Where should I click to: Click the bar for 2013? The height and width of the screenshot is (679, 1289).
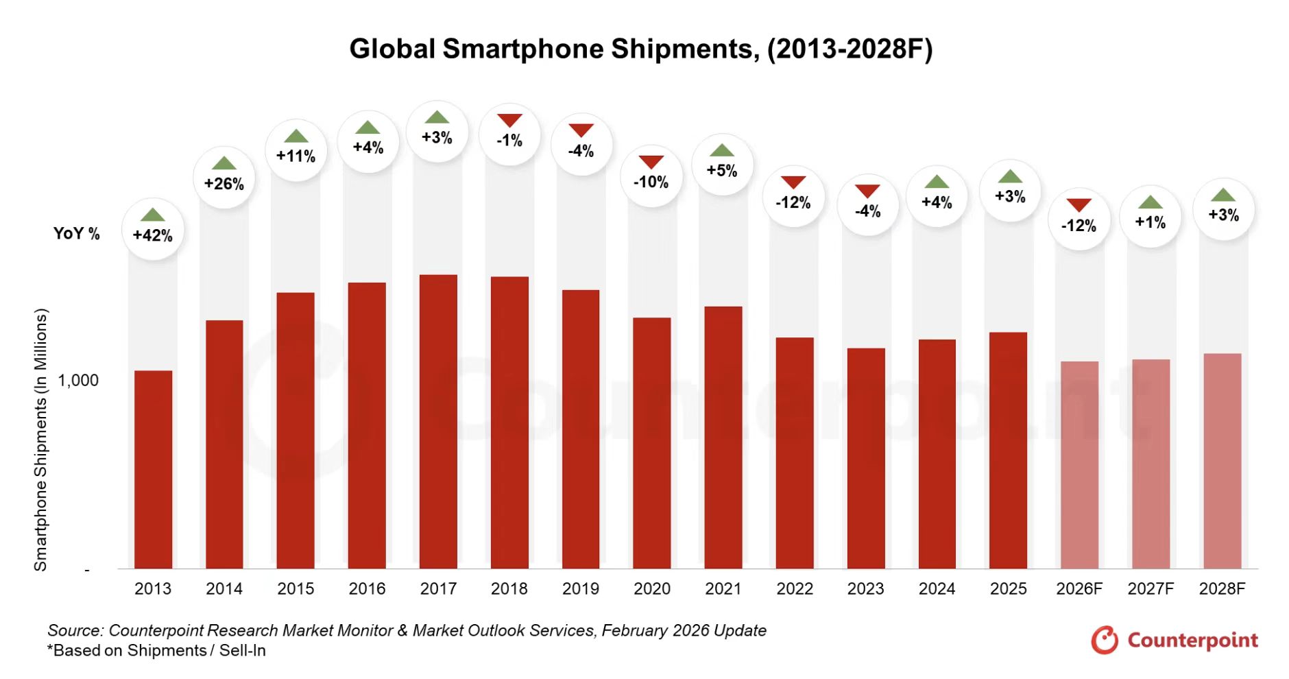[x=153, y=470]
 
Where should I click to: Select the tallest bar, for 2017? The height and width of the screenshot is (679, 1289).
[x=438, y=422]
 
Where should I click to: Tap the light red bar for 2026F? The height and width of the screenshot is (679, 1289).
[x=1079, y=465]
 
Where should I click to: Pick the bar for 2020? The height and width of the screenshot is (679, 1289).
[x=651, y=443]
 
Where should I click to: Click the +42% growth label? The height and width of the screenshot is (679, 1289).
[x=153, y=235]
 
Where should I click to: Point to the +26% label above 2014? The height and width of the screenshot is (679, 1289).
[x=224, y=184]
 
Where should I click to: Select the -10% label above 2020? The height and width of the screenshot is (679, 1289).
[x=651, y=182]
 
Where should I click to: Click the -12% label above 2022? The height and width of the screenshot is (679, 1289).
[x=793, y=203]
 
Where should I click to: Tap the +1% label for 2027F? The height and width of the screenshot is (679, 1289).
[x=1150, y=222]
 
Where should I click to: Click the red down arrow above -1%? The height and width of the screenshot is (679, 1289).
[x=509, y=121]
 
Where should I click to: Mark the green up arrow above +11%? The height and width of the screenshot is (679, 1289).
[x=296, y=136]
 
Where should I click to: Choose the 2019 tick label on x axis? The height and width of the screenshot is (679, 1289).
[x=580, y=588]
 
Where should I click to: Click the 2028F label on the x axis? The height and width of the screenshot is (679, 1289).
[x=1222, y=588]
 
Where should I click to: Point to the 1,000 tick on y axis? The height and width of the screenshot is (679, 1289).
[x=78, y=381]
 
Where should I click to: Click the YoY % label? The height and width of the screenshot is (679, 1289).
[x=77, y=234]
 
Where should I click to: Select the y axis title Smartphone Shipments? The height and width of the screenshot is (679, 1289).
[x=41, y=439]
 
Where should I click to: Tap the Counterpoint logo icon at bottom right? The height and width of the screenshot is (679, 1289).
[x=1104, y=640]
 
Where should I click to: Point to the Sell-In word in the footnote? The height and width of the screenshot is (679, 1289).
[x=243, y=650]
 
